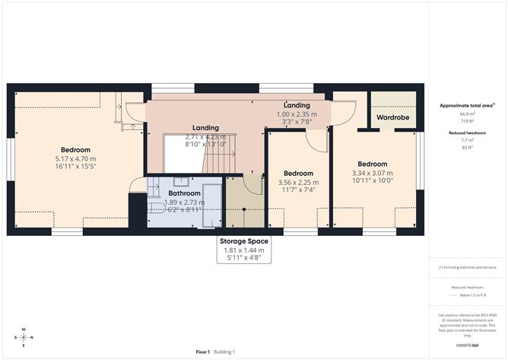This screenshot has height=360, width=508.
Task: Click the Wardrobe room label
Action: click(x=393, y=119)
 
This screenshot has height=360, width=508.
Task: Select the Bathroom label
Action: click(x=184, y=194)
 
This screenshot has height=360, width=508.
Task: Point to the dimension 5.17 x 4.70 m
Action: click(x=76, y=159)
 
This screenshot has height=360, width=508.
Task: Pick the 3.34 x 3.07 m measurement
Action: click(x=373, y=173)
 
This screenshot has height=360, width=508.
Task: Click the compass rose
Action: click(x=24, y=337)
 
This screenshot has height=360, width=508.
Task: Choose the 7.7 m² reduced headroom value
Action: click(x=468, y=140)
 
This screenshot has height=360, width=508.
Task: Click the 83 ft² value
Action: click(x=468, y=147)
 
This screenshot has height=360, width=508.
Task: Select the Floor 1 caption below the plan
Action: click(x=202, y=352)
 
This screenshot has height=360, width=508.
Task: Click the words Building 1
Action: click(x=224, y=352)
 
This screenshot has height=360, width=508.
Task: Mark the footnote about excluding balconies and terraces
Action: click(x=468, y=268)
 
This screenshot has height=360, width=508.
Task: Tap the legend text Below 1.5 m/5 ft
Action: click(x=468, y=295)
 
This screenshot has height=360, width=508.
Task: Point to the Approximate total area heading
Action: click(x=466, y=106)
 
